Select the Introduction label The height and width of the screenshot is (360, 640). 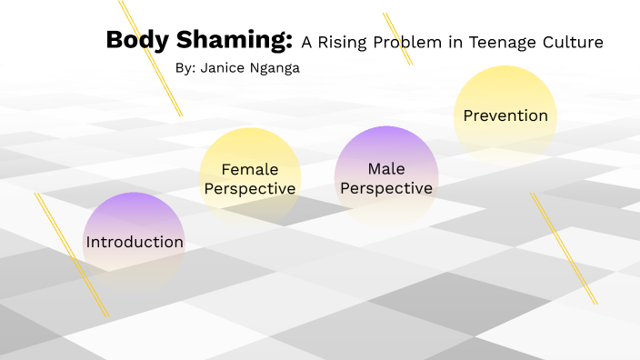tap(135, 242)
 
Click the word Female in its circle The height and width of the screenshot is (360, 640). tap(250, 169)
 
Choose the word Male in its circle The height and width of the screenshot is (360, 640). tap(386, 168)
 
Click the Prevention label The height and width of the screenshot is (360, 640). tap(505, 115)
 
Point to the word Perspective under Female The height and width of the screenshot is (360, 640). tap(250, 189)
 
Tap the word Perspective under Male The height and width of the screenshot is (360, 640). tap(386, 188)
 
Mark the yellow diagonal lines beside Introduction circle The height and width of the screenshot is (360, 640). tap(71, 255)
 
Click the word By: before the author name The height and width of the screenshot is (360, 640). tap(185, 67)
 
